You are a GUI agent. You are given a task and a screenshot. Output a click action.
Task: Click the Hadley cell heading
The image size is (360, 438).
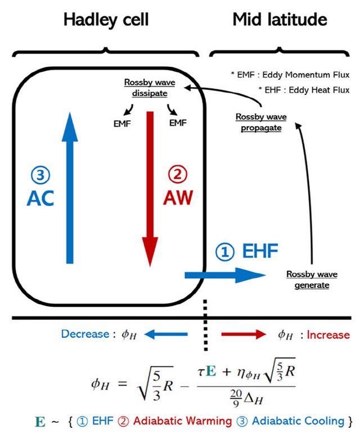tap(106, 20)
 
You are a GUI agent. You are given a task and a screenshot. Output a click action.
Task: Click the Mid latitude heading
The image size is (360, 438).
tap(280, 20)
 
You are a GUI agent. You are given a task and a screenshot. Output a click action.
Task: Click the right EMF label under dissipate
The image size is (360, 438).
tap(177, 123)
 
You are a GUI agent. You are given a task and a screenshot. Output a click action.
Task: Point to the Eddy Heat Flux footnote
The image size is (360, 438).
tap(298, 90)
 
